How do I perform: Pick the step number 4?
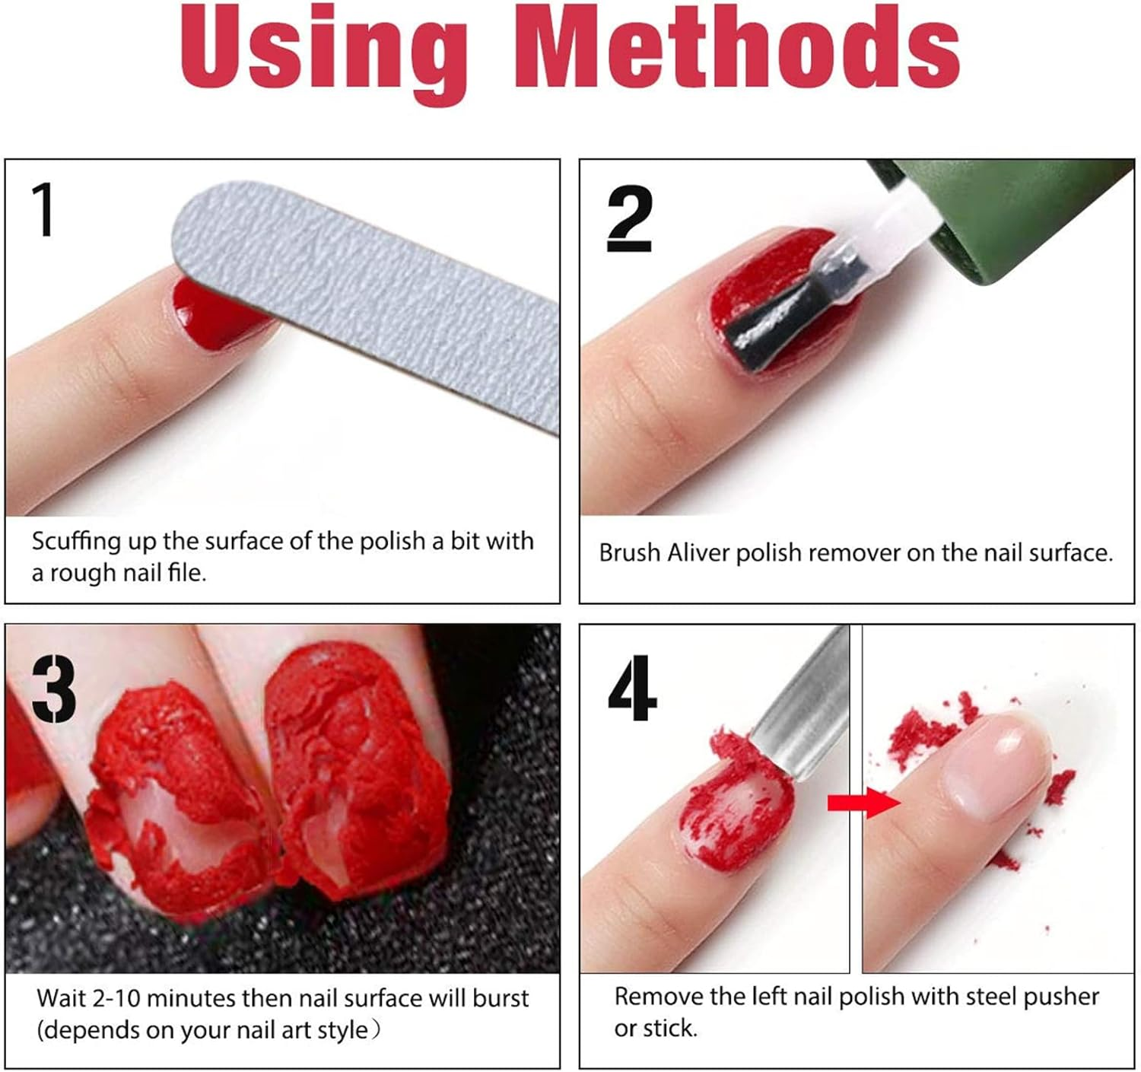click(x=632, y=688)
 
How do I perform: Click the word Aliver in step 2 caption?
click(x=698, y=553)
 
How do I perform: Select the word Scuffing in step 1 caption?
click(x=76, y=542)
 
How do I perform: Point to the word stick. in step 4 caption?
click(x=669, y=1029)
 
